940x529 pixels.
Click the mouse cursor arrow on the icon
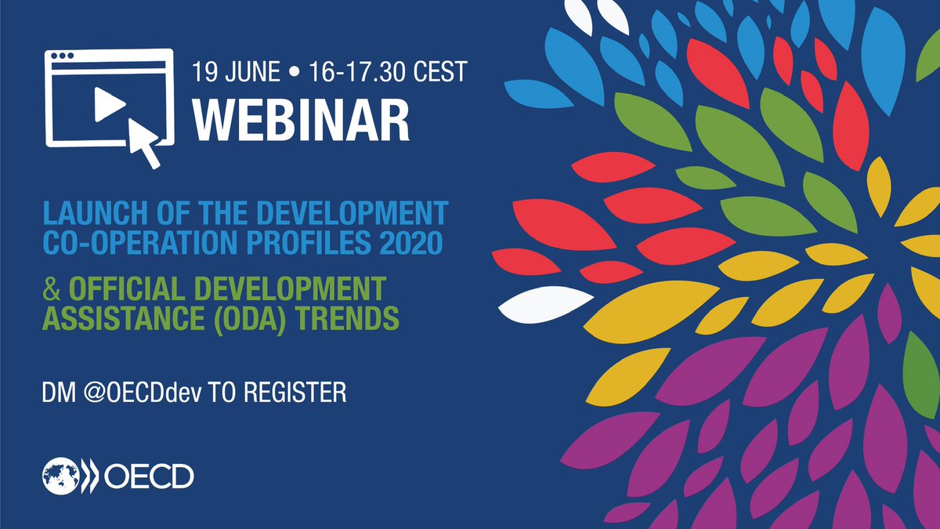(x=146, y=141)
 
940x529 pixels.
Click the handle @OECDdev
(x=136, y=393)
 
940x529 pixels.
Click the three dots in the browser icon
(x=62, y=58)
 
